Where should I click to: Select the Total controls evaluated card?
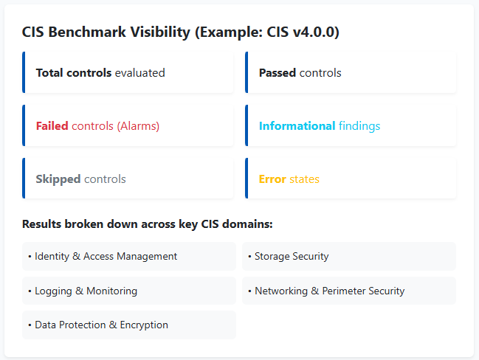pos(128,73)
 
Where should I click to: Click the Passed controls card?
pos(351,73)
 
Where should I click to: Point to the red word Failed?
pos(52,126)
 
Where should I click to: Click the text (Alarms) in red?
pos(138,126)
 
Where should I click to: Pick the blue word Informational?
pos(297,126)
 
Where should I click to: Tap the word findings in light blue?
pos(359,126)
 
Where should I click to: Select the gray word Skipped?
pos(58,179)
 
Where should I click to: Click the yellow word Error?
pos(272,179)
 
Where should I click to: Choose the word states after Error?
pos(304,179)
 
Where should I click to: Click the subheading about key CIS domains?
pos(148,224)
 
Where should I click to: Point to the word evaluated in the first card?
pos(139,73)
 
